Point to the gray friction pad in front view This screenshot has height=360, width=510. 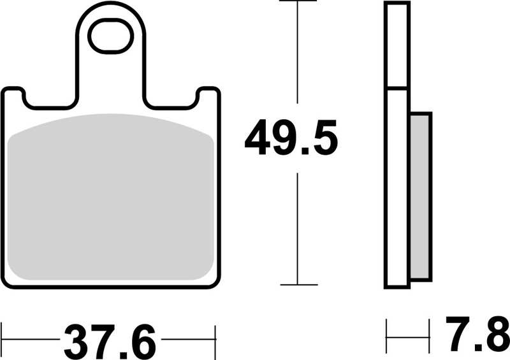(x=113, y=198)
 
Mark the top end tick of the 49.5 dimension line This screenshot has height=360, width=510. (x=298, y=2)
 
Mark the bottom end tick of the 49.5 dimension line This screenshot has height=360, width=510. (x=298, y=284)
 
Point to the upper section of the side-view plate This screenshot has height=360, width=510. (x=396, y=45)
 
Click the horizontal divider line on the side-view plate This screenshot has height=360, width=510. (x=396, y=87)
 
